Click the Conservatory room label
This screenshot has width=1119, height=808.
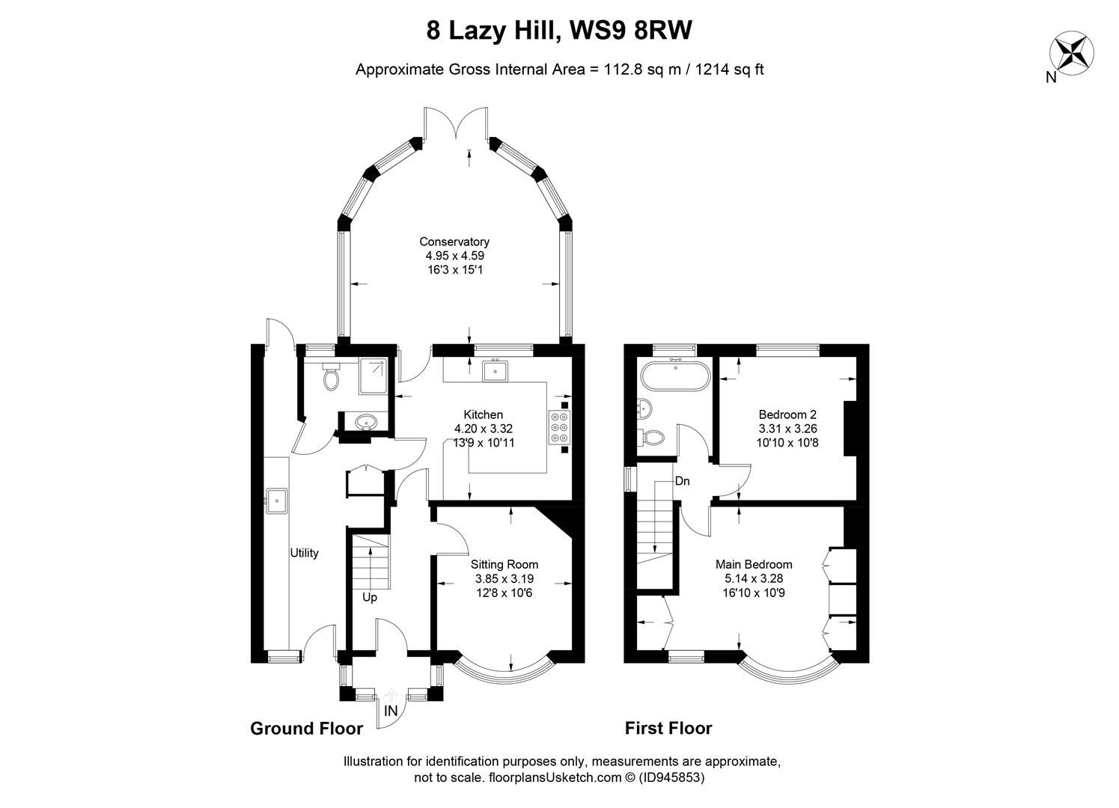[x=454, y=242]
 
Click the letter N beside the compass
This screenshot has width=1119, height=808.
[x=1051, y=77]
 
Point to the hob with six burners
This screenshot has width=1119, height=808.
[x=559, y=430]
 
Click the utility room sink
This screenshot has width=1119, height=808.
[x=277, y=500]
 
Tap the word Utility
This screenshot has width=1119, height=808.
[x=304, y=553]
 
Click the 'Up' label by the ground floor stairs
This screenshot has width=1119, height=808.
[x=370, y=598]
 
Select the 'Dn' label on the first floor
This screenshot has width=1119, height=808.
[x=682, y=481]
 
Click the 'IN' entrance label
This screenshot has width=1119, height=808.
[x=391, y=711]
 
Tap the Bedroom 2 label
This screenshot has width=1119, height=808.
[x=787, y=414]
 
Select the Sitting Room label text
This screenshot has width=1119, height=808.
[x=504, y=564]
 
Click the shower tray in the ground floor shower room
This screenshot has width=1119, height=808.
[x=373, y=376]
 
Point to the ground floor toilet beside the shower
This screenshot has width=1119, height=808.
[x=331, y=378]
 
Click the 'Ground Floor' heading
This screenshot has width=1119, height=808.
[x=306, y=728]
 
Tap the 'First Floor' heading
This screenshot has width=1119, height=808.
[x=668, y=728]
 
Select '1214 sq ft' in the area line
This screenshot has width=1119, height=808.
[x=729, y=70]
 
